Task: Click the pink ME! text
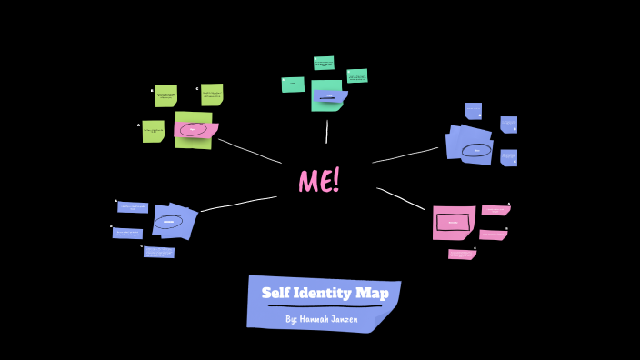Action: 319,181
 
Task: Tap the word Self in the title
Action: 277,293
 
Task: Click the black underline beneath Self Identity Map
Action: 324,305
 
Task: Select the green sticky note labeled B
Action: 166,95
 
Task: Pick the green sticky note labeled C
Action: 212,95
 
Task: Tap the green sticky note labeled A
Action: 154,131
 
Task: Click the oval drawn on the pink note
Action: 193,130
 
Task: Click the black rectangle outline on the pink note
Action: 453,222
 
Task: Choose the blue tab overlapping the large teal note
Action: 329,95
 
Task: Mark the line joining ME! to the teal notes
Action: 327,132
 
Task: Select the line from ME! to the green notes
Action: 250,151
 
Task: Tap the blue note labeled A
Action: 133,207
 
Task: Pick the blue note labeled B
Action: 128,233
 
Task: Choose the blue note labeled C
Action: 159,252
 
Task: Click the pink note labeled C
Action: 462,255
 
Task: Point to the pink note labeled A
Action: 495,210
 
